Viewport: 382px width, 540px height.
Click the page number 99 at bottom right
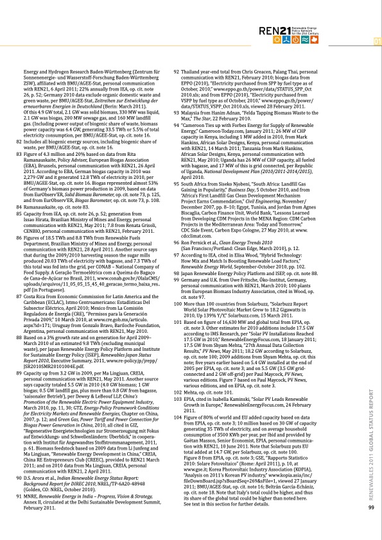click(x=371, y=508)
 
